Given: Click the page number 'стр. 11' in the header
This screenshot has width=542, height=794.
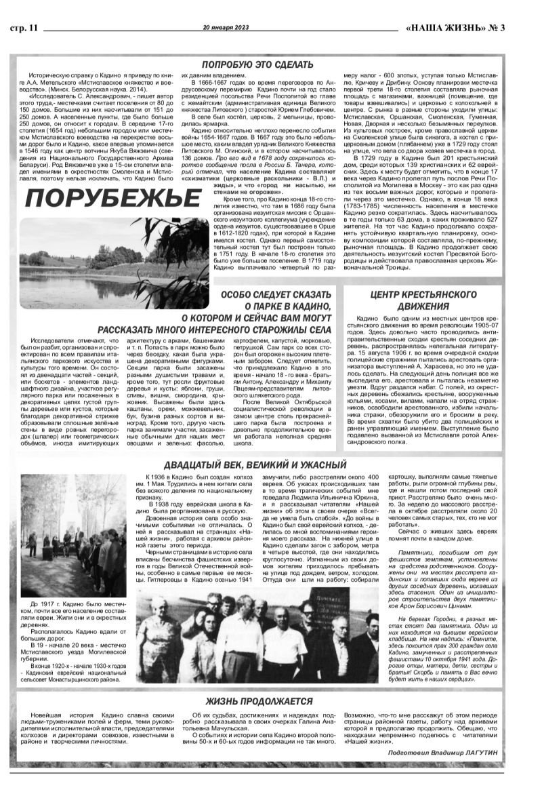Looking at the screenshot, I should click(x=26, y=27).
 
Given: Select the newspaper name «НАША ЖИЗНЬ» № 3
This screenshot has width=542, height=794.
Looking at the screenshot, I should click(x=461, y=27).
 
